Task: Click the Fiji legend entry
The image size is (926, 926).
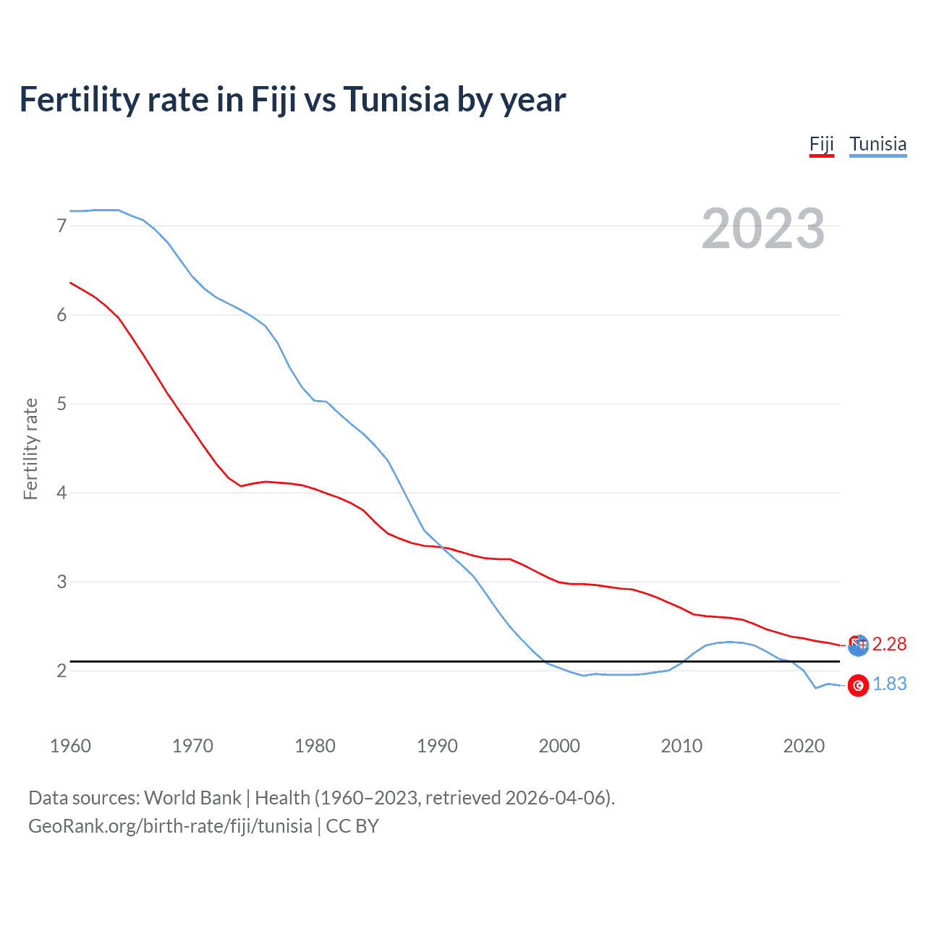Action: click(x=821, y=144)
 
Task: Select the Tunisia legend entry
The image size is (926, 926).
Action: click(x=878, y=144)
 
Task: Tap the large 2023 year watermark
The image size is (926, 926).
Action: click(x=763, y=229)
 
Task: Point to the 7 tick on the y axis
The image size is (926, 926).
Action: click(x=61, y=226)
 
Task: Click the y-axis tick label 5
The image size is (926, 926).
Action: click(x=61, y=404)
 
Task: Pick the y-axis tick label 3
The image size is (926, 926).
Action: click(x=61, y=582)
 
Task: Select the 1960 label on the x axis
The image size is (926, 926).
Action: click(x=70, y=746)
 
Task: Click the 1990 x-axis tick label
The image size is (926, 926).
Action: click(x=437, y=746)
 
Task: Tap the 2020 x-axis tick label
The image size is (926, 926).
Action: click(x=804, y=746)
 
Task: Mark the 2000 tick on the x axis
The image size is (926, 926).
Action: click(x=559, y=746)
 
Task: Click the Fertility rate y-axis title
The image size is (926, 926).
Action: click(x=30, y=449)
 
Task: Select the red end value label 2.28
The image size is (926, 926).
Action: click(x=889, y=644)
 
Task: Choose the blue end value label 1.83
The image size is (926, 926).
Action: click(x=889, y=684)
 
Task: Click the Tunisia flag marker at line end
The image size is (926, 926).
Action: click(x=858, y=685)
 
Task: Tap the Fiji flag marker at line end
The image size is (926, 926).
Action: click(x=858, y=645)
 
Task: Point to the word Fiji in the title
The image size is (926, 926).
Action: click(x=273, y=100)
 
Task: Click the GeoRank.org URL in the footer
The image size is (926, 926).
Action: click(x=170, y=826)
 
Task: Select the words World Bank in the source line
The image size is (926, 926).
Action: click(x=192, y=798)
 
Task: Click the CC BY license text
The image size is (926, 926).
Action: click(x=352, y=826)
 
